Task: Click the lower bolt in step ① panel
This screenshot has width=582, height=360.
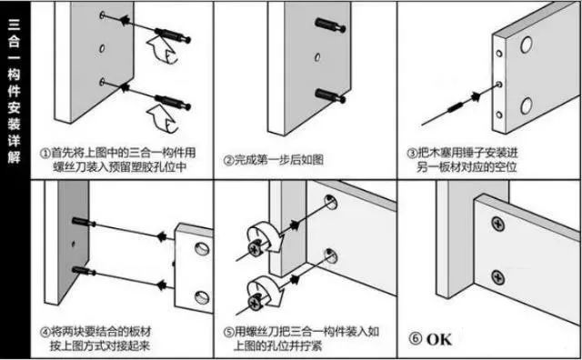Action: [172, 94]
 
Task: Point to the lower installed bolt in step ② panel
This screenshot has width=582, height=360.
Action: [328, 94]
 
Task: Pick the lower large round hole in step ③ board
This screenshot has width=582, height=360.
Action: [527, 109]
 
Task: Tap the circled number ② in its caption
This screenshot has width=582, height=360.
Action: [229, 161]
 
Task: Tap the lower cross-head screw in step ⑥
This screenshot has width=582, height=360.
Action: [498, 275]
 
